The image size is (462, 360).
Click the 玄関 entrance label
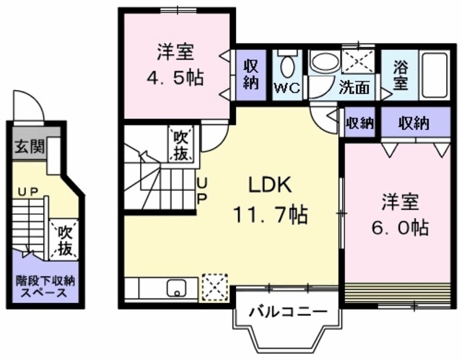click(28, 146)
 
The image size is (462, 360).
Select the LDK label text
click(270, 185)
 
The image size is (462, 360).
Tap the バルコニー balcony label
click(284, 312)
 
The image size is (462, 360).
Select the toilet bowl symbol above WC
click(288, 66)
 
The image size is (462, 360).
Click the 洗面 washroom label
click(354, 89)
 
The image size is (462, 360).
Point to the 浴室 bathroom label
click(400, 74)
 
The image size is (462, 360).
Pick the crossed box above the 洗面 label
click(356, 60)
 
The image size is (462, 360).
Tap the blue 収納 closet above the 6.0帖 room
click(414, 123)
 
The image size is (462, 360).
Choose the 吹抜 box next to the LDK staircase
click(180, 144)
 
